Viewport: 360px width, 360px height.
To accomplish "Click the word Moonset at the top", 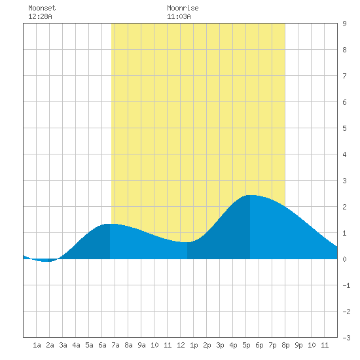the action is (x=42, y=8).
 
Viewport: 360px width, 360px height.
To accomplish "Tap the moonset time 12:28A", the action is (x=40, y=16).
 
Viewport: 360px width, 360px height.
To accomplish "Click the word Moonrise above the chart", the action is (x=183, y=8).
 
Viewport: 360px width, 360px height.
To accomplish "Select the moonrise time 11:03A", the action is (x=179, y=16).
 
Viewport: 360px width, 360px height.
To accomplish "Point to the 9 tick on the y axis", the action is (x=344, y=24).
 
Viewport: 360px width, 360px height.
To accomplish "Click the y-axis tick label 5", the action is (x=344, y=128).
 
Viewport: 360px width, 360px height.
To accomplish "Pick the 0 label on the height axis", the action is (x=344, y=259).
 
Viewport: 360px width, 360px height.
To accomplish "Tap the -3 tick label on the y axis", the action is (x=346, y=338).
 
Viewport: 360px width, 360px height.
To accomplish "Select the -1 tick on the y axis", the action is (x=346, y=285).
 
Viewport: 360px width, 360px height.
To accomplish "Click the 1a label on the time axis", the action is (x=37, y=345).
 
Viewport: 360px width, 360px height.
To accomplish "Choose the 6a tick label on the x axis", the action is (x=102, y=345).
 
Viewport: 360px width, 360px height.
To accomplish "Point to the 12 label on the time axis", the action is (x=181, y=345).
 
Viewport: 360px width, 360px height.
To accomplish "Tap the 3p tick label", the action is (x=220, y=345).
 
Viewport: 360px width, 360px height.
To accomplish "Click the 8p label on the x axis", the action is (x=285, y=345).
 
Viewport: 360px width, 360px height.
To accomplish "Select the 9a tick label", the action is (x=141, y=345).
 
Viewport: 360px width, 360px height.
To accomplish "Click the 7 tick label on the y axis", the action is (x=344, y=76).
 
